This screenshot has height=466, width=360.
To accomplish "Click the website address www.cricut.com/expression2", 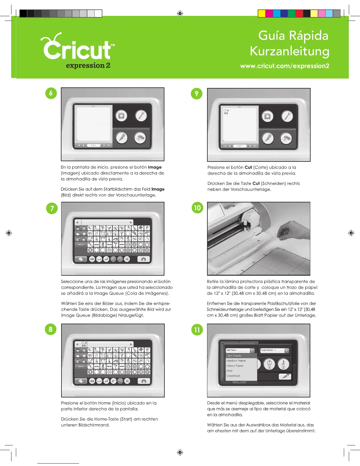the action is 284,66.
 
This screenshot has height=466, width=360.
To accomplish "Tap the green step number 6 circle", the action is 51,93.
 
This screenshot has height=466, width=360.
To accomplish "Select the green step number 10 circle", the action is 197,208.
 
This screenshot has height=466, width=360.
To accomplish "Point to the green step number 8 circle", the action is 51,329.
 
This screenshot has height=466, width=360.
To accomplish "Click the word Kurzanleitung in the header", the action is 289,51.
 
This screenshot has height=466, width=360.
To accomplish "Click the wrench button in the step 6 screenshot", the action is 141,116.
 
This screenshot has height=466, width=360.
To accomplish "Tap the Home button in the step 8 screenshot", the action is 144,381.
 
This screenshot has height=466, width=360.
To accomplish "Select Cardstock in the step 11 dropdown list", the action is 233,376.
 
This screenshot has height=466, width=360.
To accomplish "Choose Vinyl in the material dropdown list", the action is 229,371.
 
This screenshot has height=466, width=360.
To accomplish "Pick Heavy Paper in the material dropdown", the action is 235,366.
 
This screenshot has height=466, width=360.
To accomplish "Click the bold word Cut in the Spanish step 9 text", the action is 248,167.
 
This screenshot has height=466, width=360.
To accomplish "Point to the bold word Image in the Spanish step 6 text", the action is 155,167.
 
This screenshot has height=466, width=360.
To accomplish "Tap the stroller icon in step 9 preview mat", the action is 226,111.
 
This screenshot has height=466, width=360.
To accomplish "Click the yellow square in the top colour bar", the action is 261,14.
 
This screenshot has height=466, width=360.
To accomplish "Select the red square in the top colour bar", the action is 299,14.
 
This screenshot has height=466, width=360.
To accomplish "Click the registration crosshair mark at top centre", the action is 180,14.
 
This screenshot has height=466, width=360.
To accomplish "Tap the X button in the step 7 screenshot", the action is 127,259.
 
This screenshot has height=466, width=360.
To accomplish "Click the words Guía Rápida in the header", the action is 293,36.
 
